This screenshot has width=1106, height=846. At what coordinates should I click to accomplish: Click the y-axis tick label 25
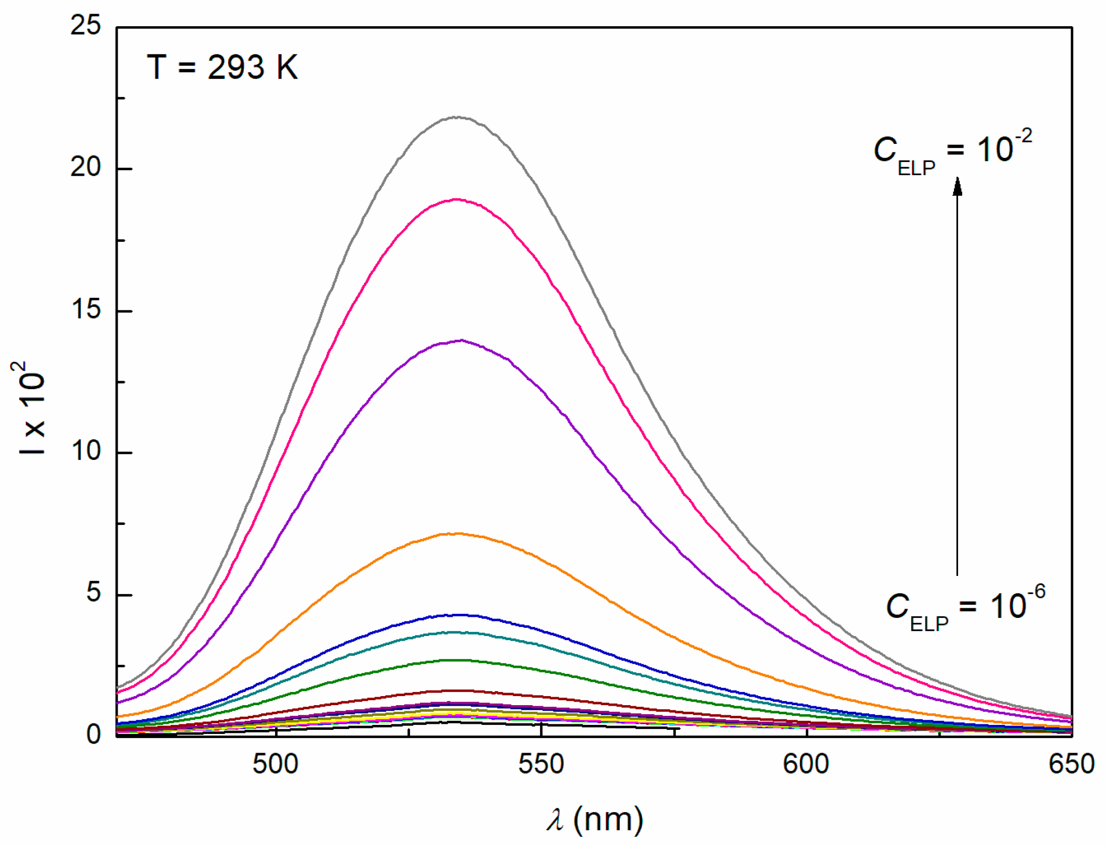click(86, 25)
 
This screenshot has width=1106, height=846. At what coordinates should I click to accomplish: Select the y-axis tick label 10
click(86, 450)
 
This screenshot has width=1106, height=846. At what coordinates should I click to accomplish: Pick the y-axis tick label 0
click(93, 734)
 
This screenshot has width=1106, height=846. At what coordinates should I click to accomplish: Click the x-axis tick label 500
click(275, 764)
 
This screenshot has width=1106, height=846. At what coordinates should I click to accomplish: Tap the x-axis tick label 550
click(541, 764)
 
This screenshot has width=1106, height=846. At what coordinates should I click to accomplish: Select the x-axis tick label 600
click(806, 764)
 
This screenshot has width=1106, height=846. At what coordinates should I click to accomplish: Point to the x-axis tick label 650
click(1071, 764)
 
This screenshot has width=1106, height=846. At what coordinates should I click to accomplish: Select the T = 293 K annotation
click(222, 67)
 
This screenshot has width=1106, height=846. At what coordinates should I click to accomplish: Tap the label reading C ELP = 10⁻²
click(952, 151)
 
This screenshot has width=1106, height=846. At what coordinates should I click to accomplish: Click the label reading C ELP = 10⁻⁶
click(965, 607)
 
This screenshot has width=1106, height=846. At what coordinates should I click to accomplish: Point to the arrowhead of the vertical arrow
click(957, 185)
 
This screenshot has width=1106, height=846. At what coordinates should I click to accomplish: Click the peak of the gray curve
click(457, 117)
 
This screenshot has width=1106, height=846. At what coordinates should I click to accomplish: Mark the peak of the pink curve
click(457, 199)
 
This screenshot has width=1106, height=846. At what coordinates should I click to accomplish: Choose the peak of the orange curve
click(457, 534)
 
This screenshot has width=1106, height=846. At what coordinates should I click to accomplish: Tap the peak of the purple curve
click(460, 341)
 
